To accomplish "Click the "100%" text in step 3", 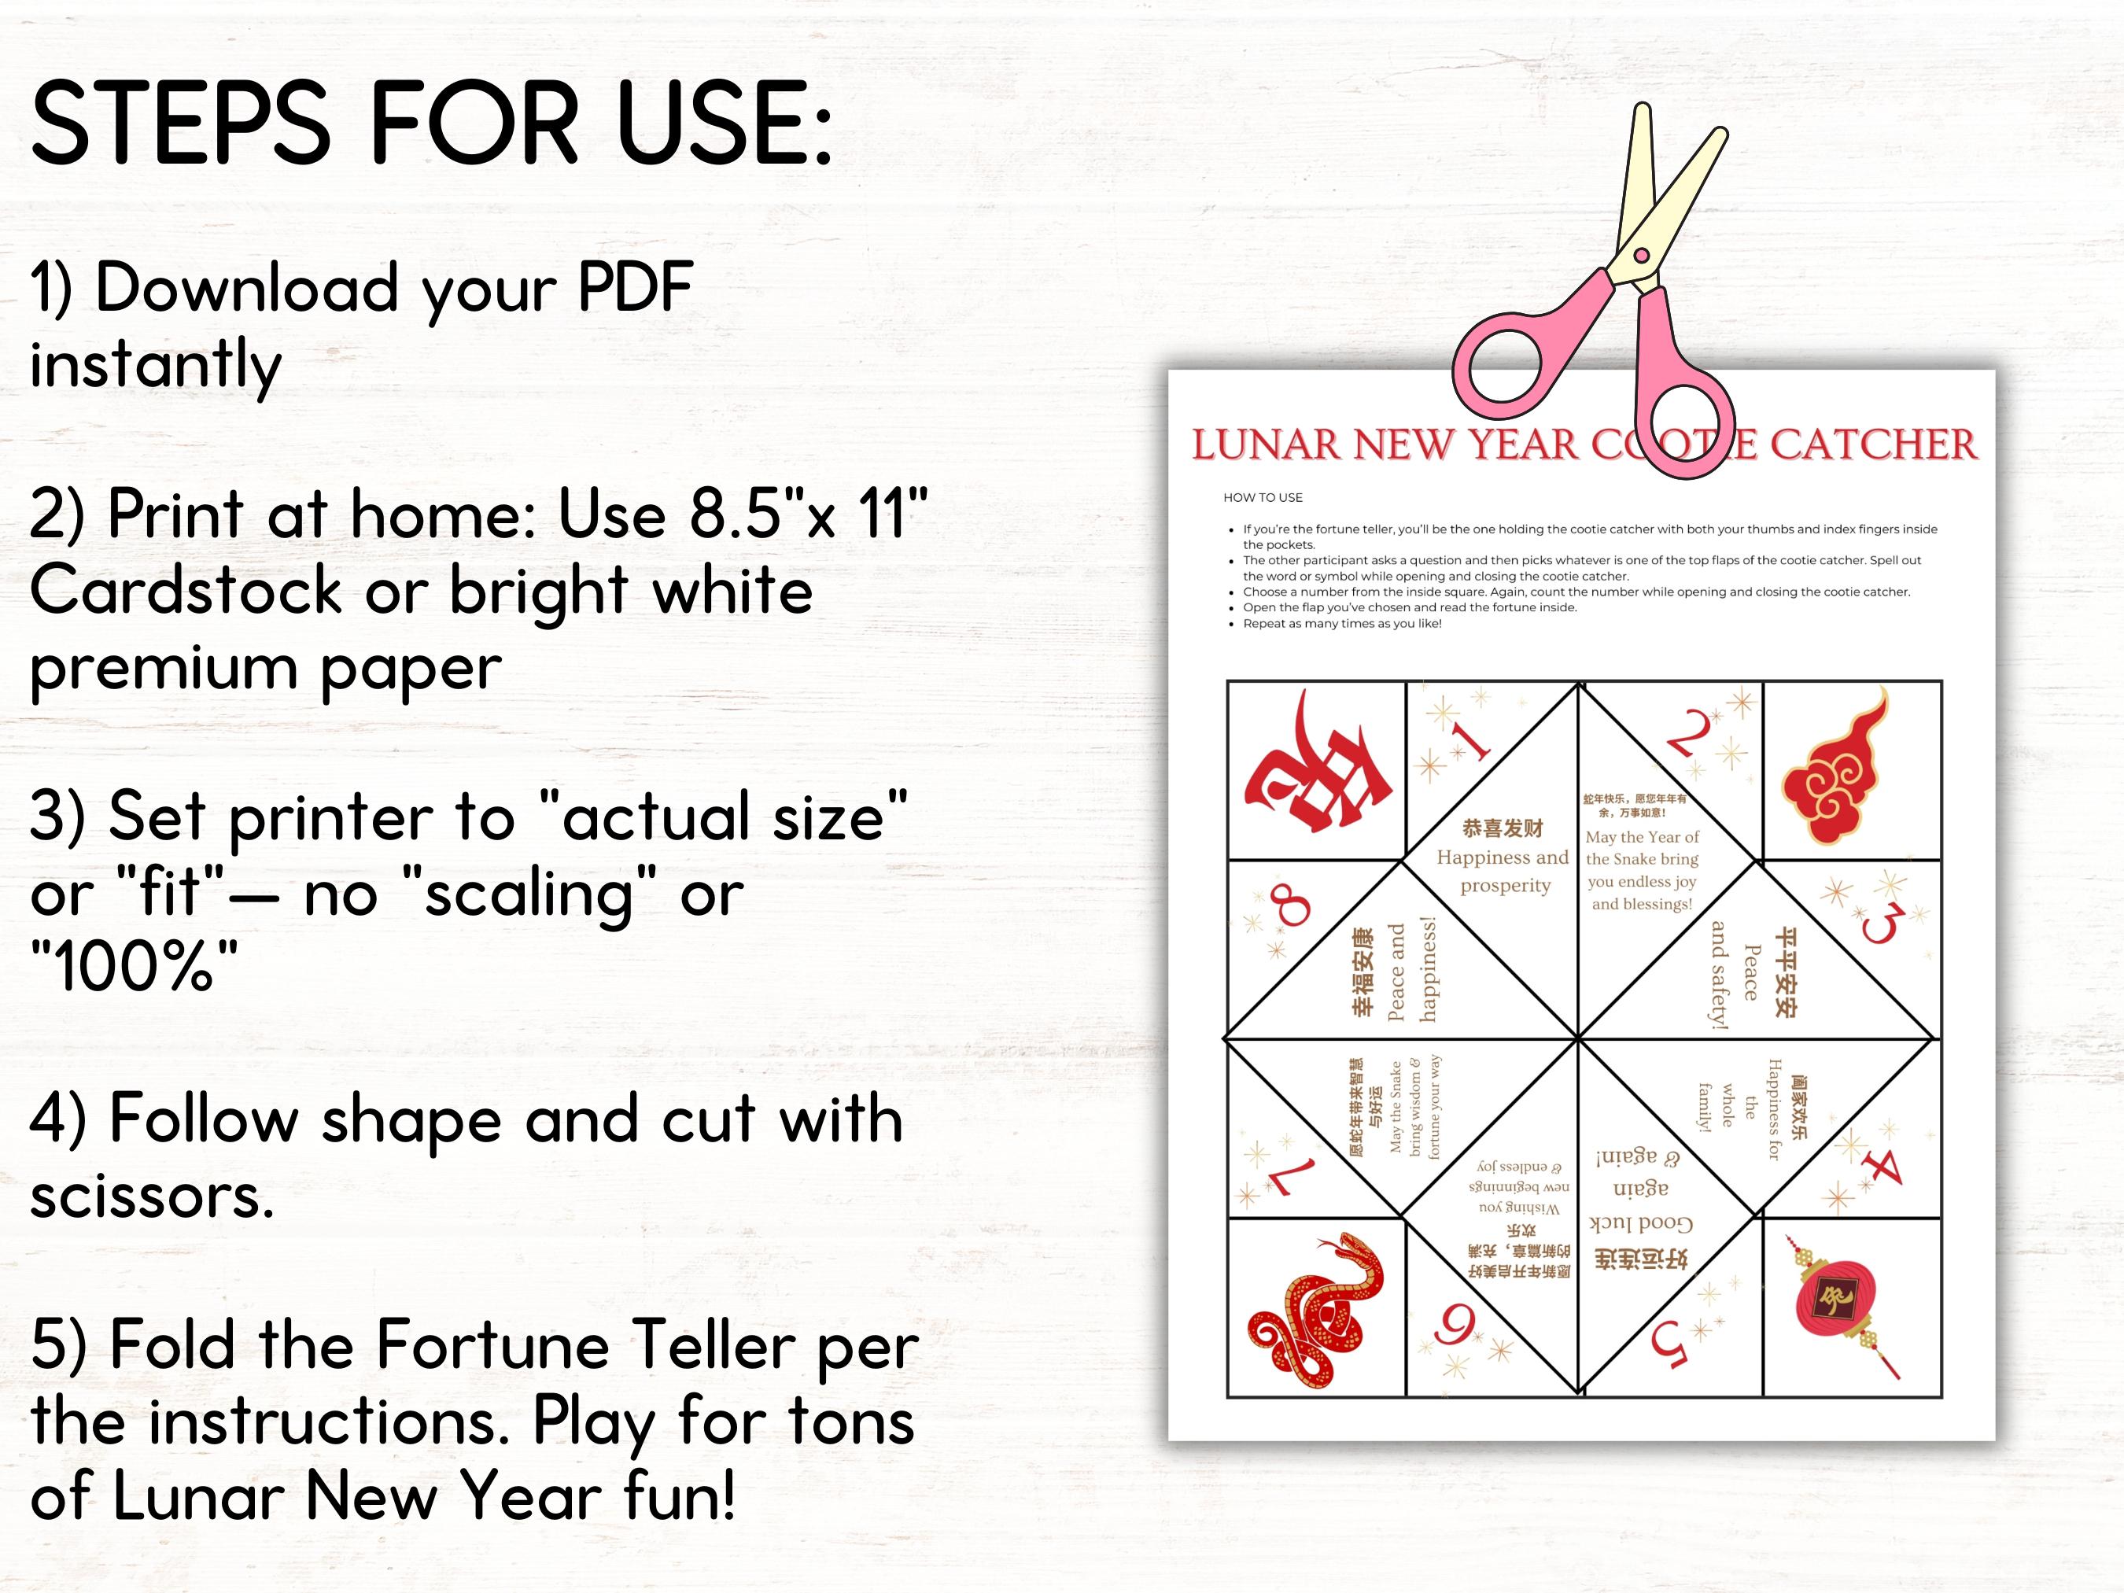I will [x=134, y=966].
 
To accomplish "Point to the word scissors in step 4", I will [x=152, y=1197].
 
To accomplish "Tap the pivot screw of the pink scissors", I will [x=1641, y=256].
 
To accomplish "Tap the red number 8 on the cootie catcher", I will [x=1289, y=905].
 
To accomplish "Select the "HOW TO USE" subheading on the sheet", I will [x=1263, y=497].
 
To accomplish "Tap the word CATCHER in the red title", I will [x=1872, y=445].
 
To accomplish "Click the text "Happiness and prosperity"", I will [x=1503, y=870].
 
